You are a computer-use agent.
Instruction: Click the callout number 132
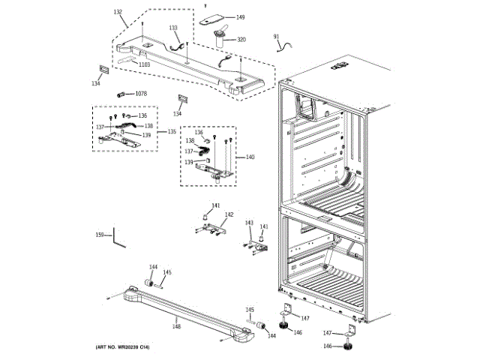pyautogui.click(x=118, y=12)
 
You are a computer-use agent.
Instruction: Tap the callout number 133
pyautogui.click(x=173, y=28)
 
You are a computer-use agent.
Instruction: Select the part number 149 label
pyautogui.click(x=240, y=17)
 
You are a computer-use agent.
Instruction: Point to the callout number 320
pyautogui.click(x=241, y=39)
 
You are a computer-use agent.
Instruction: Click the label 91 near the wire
pyautogui.click(x=276, y=36)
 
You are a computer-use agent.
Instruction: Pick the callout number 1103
pyautogui.click(x=144, y=64)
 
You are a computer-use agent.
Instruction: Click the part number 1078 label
pyautogui.click(x=141, y=94)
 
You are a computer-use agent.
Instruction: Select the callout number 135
pyautogui.click(x=171, y=131)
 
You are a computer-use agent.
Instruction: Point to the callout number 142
pyautogui.click(x=229, y=214)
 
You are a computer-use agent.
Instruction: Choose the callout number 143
pyautogui.click(x=249, y=223)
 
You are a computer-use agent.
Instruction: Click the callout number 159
pyautogui.click(x=99, y=236)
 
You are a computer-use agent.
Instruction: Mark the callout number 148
pyautogui.click(x=176, y=325)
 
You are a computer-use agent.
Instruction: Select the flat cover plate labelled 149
pyautogui.click(x=214, y=17)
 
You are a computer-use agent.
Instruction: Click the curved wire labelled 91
pyautogui.click(x=284, y=48)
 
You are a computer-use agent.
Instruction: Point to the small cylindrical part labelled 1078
pyautogui.click(x=121, y=94)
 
